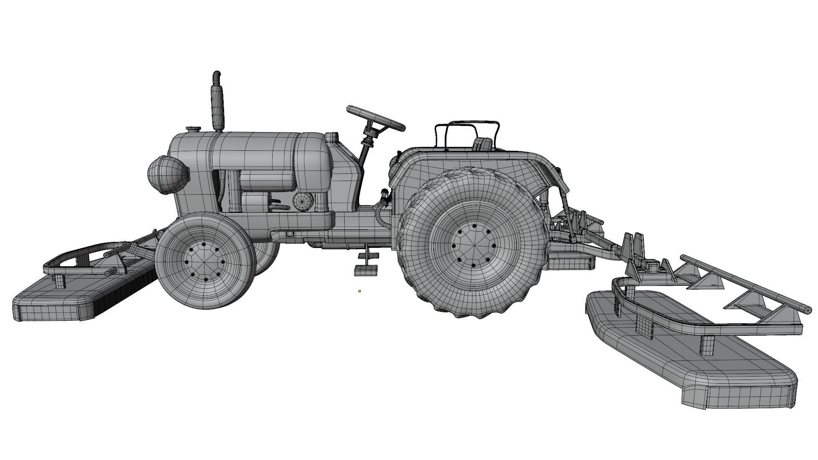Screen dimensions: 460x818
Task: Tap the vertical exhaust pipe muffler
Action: click(x=217, y=106)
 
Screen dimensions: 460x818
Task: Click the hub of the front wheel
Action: click(x=203, y=262)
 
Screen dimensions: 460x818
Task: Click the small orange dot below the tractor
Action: click(x=360, y=291)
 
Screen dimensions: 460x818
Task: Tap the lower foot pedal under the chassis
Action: click(x=366, y=270)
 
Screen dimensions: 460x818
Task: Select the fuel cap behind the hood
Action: click(x=331, y=137)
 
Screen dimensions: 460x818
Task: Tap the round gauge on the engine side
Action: click(x=303, y=200)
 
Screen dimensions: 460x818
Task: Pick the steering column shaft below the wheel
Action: click(x=365, y=153)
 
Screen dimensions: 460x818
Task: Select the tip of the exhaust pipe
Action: click(x=217, y=75)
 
